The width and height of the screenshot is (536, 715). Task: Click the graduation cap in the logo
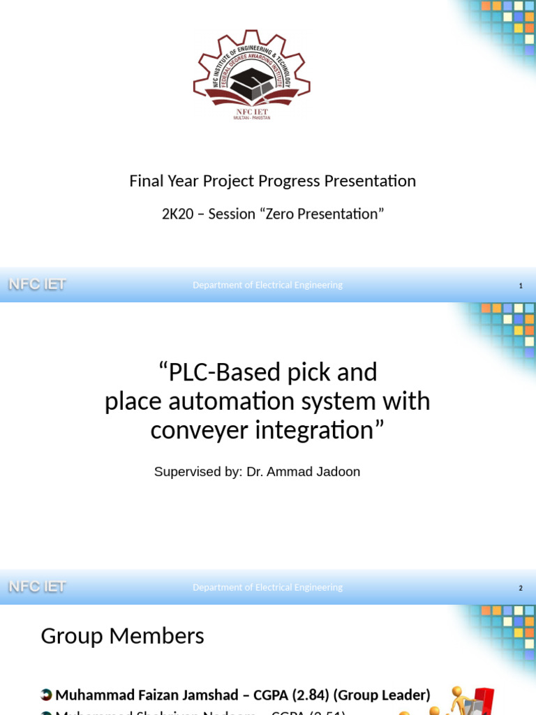click(251, 84)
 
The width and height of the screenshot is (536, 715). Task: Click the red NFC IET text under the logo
click(252, 111)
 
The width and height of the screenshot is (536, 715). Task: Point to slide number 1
click(521, 286)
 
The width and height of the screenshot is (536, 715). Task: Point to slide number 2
click(521, 588)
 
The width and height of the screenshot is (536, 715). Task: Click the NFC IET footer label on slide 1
click(37, 284)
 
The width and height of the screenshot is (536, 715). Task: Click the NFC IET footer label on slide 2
click(37, 587)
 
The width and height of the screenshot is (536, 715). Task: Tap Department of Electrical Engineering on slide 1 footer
click(267, 285)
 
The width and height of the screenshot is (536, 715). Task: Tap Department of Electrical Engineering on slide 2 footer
click(267, 587)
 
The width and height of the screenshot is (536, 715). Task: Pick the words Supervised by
click(197, 471)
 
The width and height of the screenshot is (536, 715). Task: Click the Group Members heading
click(122, 636)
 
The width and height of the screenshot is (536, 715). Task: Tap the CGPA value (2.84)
click(312, 695)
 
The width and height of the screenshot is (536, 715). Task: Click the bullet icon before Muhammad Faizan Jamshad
click(46, 695)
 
